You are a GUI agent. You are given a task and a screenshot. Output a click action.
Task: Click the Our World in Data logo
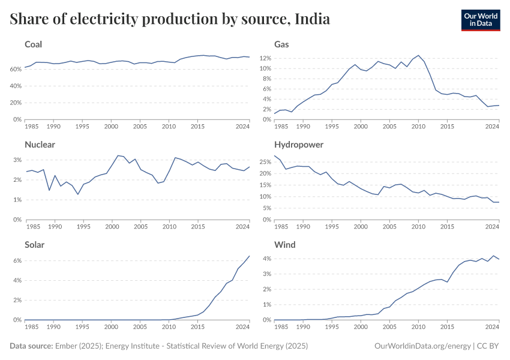click(480, 19)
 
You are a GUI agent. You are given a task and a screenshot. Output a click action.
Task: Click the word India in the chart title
click(313, 19)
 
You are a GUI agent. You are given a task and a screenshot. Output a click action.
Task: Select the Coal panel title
click(33, 44)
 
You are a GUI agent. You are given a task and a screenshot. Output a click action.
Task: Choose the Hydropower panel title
click(299, 145)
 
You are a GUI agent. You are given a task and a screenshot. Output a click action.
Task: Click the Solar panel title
click(35, 245)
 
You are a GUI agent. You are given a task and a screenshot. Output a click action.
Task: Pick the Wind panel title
click(284, 245)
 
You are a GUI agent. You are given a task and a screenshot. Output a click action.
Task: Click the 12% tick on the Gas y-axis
click(266, 58)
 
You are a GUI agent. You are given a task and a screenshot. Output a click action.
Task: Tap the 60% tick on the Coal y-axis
click(16, 69)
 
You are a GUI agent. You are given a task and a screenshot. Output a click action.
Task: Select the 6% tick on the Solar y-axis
click(18, 260)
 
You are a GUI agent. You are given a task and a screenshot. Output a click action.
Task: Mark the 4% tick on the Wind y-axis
click(268, 259)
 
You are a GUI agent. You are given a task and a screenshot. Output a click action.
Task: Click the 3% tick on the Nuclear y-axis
click(18, 160)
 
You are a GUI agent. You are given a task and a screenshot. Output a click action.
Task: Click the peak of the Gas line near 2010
click(418, 55)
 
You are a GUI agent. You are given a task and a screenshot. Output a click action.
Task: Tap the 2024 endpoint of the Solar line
click(250, 256)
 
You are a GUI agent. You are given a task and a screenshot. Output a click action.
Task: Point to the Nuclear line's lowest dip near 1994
click(77, 194)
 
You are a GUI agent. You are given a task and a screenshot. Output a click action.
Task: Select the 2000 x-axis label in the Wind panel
click(360, 327)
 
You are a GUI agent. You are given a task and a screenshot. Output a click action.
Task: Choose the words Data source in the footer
click(30, 346)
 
